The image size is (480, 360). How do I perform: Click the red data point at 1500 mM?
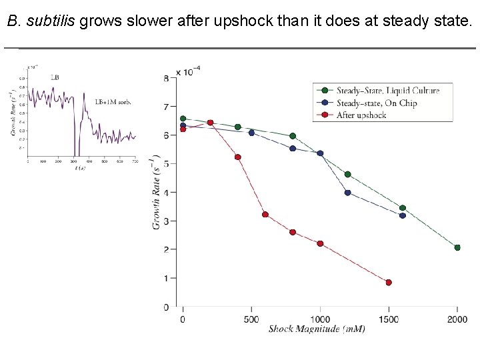[x=389, y=283]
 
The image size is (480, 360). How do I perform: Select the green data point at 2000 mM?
[x=457, y=247]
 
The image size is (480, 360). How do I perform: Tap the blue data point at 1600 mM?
[x=403, y=215]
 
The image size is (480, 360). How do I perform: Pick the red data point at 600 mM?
[x=265, y=215]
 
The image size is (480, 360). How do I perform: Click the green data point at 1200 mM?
[x=347, y=175]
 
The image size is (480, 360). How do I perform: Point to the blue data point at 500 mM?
[x=251, y=133]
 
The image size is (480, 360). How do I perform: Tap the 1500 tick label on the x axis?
[x=389, y=319]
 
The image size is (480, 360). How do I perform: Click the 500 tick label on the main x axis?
[x=251, y=319]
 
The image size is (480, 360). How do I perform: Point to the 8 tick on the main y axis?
[x=166, y=79]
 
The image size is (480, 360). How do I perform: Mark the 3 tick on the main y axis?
[x=166, y=221]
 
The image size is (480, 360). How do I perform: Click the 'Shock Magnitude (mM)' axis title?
[x=317, y=329]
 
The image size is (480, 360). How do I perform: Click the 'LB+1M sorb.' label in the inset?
[x=113, y=102]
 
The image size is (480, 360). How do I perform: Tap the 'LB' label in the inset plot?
[x=55, y=78]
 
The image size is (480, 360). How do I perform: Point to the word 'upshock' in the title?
[x=243, y=21]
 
